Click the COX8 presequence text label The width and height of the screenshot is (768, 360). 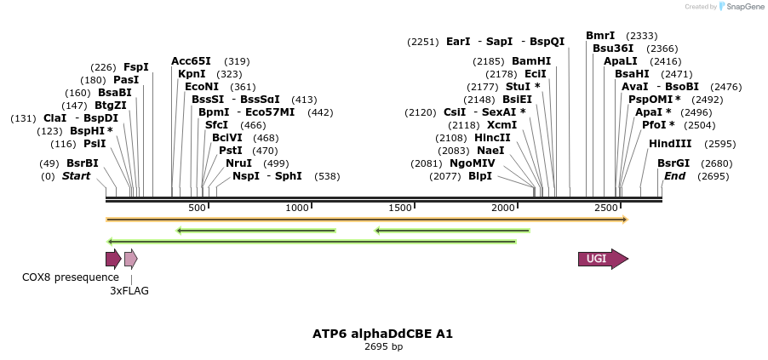point(71,277)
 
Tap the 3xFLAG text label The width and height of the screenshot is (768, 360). point(129,291)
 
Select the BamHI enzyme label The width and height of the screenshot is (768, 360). point(531,61)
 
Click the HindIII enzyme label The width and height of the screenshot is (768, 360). point(670,144)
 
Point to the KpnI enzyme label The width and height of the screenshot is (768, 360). point(192,74)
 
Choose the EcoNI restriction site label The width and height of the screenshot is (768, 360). point(202,87)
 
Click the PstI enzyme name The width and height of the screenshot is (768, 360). point(231,151)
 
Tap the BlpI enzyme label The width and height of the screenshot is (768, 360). point(480,176)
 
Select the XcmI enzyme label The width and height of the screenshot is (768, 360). point(501,125)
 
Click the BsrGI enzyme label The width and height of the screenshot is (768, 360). point(673,163)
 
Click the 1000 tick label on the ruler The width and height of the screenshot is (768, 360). point(297,209)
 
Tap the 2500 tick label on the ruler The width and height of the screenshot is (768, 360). point(606,209)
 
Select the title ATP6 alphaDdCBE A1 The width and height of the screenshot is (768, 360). point(383,334)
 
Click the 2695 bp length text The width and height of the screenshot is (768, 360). point(383,346)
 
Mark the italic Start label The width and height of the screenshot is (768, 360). point(76,176)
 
